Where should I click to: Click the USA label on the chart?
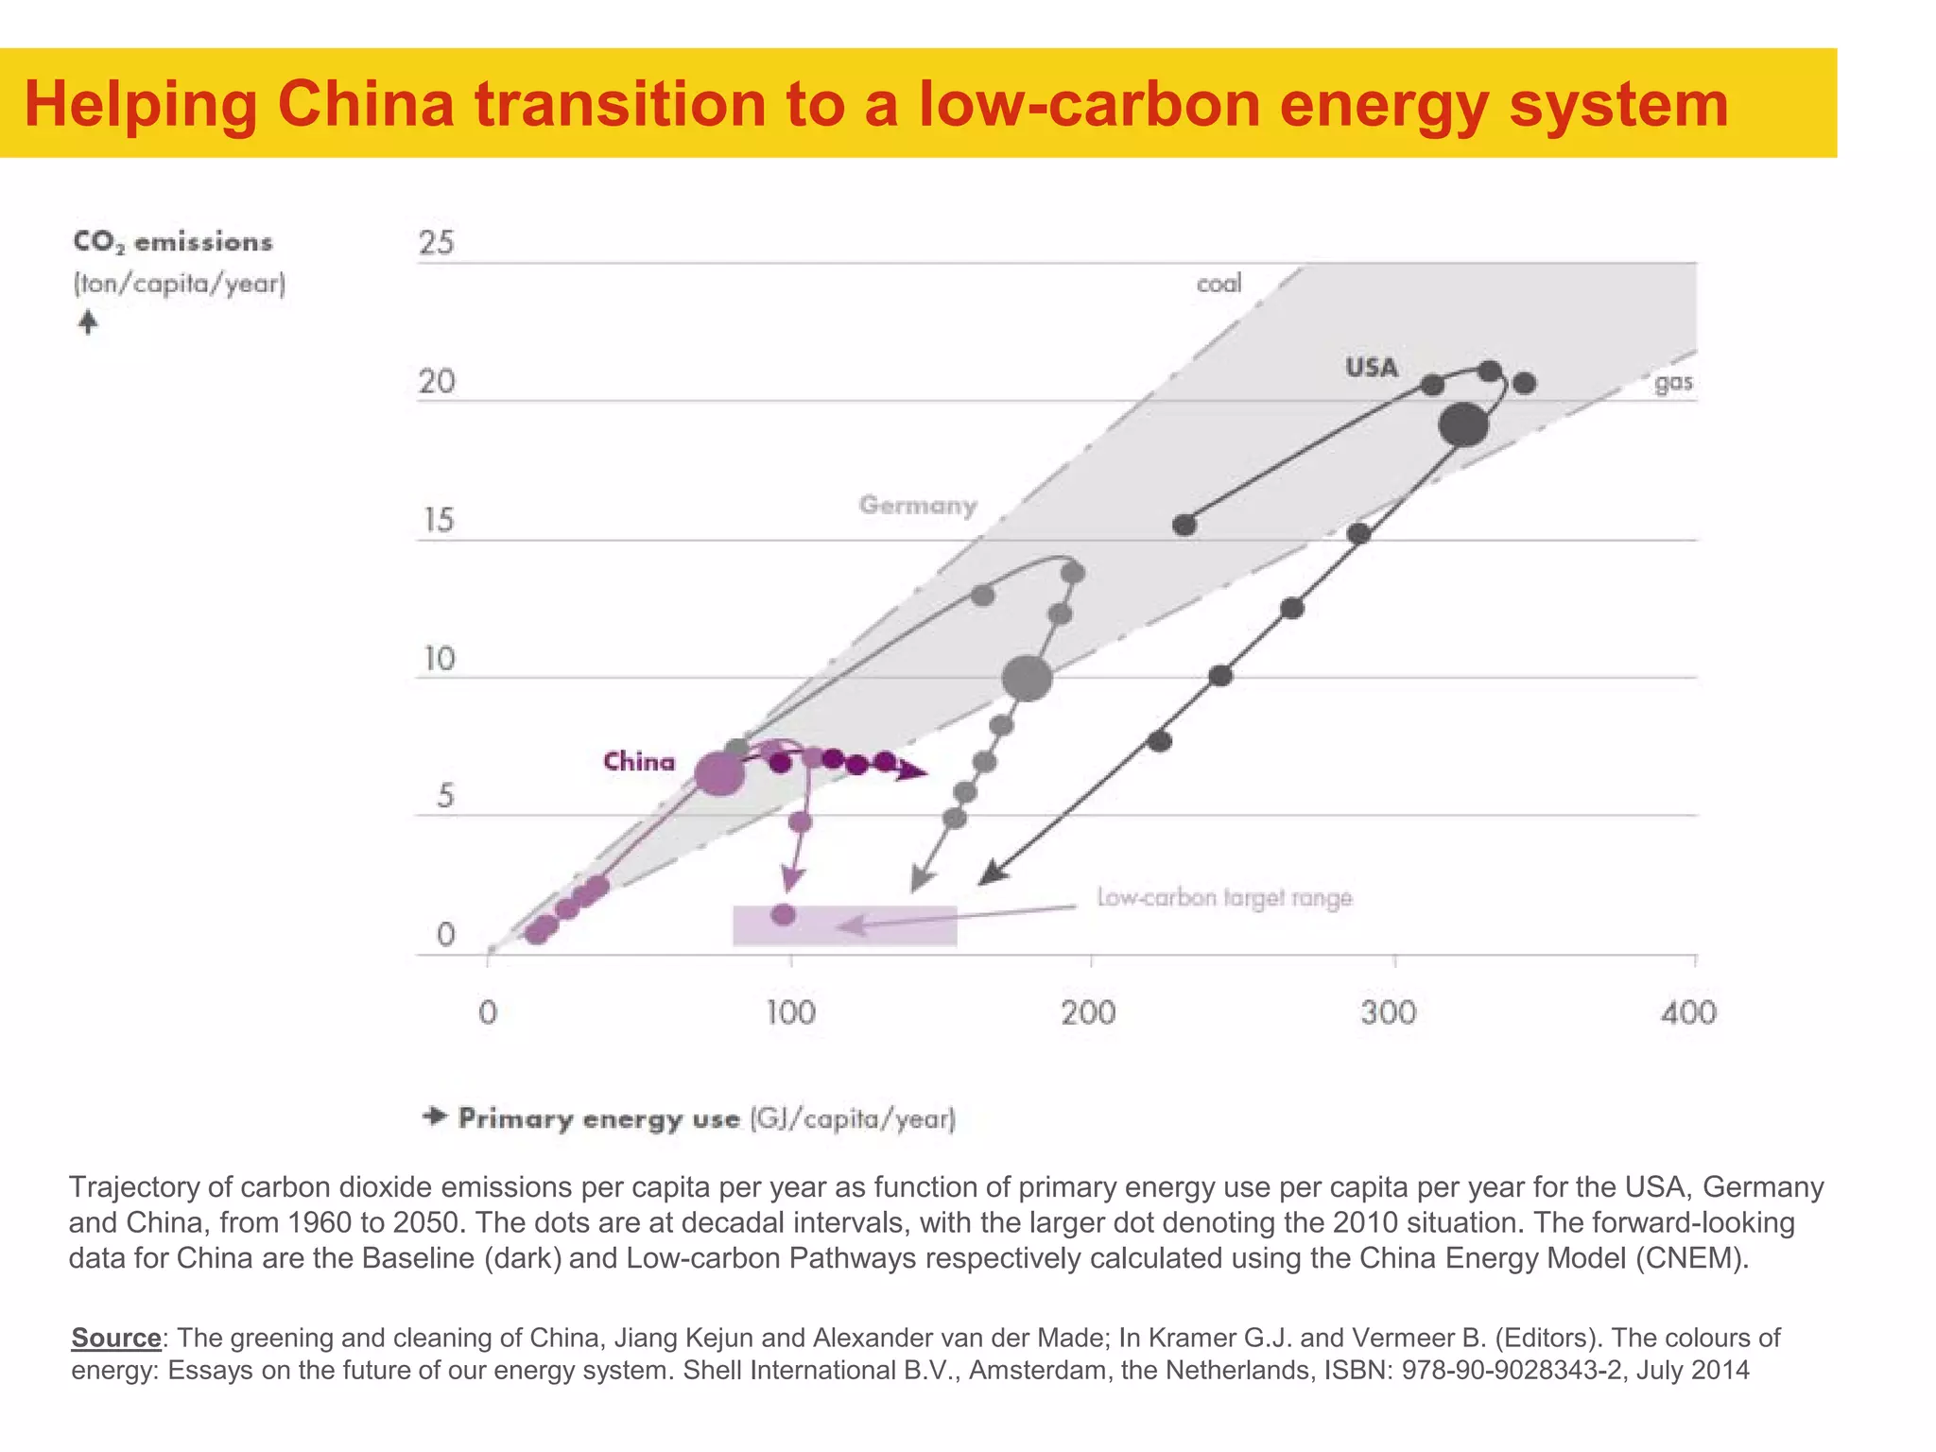[x=1372, y=368]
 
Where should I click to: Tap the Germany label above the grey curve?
[x=917, y=506]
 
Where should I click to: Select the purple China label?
[x=639, y=762]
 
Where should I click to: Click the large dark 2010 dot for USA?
[x=1463, y=424]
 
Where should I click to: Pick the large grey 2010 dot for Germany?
[x=1027, y=678]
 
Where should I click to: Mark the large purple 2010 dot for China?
[x=719, y=774]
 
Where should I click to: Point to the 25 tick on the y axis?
[x=437, y=244]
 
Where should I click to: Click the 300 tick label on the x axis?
[x=1389, y=1013]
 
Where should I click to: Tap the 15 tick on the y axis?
[x=438, y=521]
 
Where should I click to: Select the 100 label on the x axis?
[x=790, y=1013]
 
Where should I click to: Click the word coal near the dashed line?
[x=1219, y=284]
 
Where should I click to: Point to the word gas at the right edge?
[x=1673, y=383]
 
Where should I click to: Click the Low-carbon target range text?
[x=1224, y=897]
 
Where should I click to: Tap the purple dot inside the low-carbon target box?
[x=784, y=914]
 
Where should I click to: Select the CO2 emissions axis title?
[x=173, y=243]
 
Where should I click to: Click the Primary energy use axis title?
[x=706, y=1119]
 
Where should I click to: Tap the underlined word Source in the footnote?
[x=116, y=1338]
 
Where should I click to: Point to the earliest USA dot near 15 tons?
[x=1184, y=525]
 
